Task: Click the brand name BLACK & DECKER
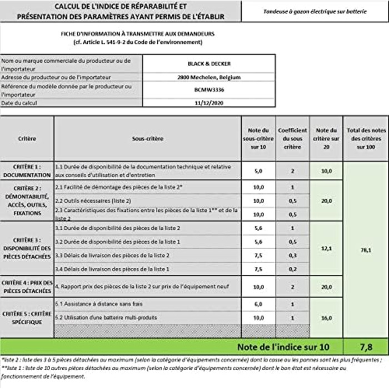[x=209, y=63]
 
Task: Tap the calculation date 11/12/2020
[x=209, y=103]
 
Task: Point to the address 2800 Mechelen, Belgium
[x=209, y=77]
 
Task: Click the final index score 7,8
[x=366, y=347]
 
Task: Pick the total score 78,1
[x=366, y=250]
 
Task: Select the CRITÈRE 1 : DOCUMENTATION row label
[x=27, y=171]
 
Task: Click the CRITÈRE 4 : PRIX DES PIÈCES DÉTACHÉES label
[x=27, y=287]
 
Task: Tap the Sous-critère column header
[x=148, y=138]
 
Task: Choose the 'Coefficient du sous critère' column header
[x=292, y=138]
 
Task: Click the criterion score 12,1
[x=327, y=248]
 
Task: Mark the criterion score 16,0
[x=327, y=318]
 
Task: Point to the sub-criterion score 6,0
[x=258, y=305]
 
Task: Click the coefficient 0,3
[x=292, y=255]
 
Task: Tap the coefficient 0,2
[x=292, y=269]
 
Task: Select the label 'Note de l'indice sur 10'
[x=283, y=347]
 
